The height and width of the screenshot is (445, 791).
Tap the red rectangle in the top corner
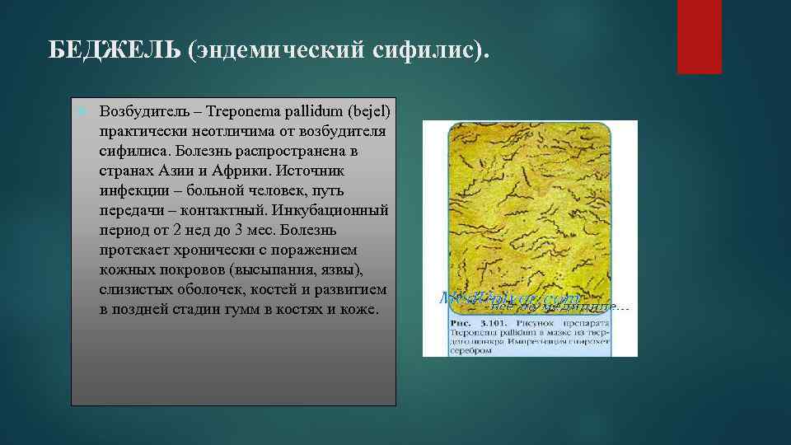tap(699, 36)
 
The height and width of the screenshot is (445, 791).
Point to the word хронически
tap(206, 251)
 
